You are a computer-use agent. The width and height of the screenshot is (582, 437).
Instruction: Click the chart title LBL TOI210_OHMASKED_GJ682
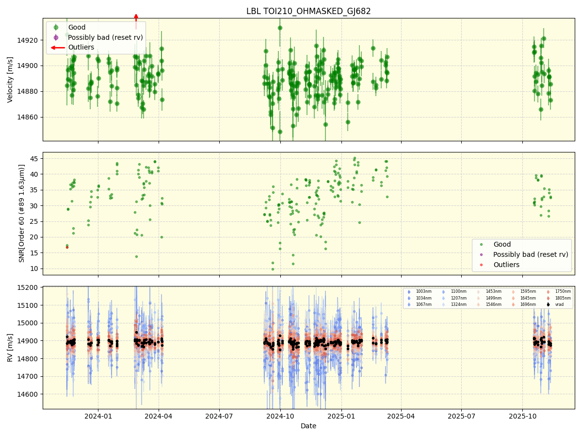coord(308,11)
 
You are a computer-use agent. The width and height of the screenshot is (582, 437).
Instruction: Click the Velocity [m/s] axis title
coord(10,80)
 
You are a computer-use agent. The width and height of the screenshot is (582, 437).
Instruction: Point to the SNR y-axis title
coord(22,214)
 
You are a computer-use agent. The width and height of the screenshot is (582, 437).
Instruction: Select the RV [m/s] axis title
coord(10,347)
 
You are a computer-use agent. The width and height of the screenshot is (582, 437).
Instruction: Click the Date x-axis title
coord(308,426)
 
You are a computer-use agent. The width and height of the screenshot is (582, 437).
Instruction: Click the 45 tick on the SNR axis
coord(35,158)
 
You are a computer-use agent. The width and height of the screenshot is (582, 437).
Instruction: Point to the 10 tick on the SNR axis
coord(35,269)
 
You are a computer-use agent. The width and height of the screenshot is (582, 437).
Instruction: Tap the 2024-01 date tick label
coord(98,416)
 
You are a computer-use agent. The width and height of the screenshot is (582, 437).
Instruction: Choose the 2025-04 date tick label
coord(401,416)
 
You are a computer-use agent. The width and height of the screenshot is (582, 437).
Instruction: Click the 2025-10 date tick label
coord(522,416)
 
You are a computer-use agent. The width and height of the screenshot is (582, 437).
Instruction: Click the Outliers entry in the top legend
coord(81,48)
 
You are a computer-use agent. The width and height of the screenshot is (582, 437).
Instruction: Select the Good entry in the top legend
coord(76,28)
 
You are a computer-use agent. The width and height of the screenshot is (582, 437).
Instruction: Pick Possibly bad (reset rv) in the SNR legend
coord(531,254)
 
